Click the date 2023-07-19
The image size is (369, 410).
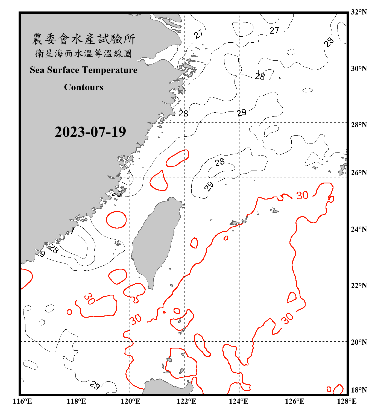(90, 132)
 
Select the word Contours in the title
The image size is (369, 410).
(84, 87)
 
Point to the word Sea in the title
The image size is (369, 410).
(37, 70)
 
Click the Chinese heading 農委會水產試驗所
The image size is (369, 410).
(84, 39)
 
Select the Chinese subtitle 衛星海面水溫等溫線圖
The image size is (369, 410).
(84, 53)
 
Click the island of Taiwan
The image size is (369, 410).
(154, 241)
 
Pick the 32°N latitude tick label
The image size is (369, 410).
(359, 12)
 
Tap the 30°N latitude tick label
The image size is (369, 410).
(359, 68)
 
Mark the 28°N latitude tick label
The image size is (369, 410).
(359, 125)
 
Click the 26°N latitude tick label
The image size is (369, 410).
(359, 173)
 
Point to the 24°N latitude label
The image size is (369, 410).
(359, 229)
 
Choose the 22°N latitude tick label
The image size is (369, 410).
(359, 286)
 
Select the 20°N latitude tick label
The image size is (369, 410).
(359, 342)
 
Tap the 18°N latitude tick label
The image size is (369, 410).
(359, 390)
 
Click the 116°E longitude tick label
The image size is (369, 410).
(22, 401)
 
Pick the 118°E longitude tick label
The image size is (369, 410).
(76, 401)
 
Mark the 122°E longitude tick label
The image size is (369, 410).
(186, 401)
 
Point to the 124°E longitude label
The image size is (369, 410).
(239, 401)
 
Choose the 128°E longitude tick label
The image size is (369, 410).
(347, 401)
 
